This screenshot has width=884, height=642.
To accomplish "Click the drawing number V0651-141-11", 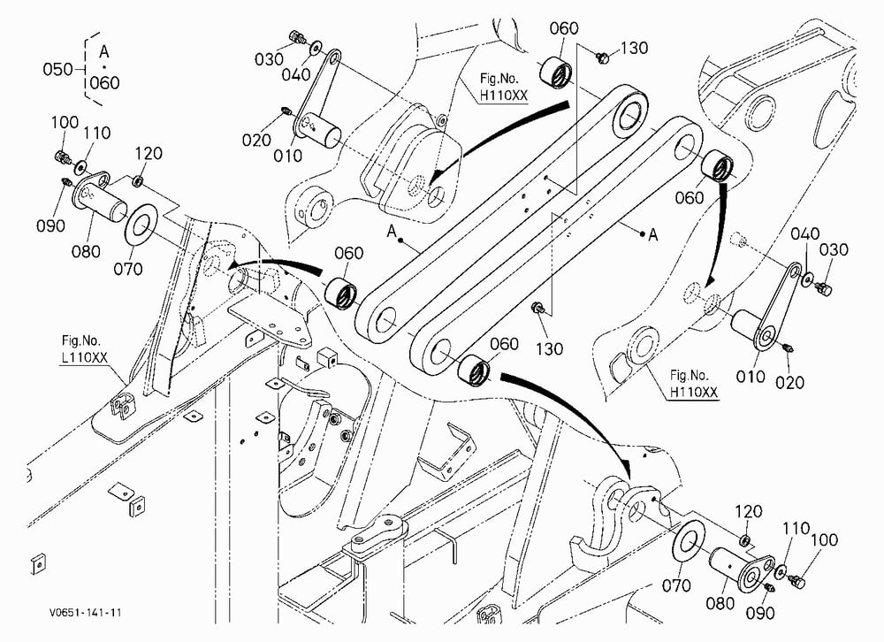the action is [85, 612].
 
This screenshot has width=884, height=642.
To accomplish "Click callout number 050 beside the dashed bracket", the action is [58, 69].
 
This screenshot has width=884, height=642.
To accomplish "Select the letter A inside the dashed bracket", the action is [103, 52].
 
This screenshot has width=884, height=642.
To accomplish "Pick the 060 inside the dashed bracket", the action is [105, 83].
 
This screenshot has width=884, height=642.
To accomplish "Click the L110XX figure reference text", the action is [85, 357].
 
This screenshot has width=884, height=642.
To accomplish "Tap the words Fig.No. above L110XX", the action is [81, 340].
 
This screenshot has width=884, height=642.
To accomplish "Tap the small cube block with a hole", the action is [326, 356].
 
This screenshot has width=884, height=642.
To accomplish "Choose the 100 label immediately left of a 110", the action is [65, 122].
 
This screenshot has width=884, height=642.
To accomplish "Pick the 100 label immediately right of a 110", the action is [824, 540].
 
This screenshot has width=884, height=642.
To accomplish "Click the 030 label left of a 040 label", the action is [269, 59].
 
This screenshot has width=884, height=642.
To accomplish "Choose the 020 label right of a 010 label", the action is [789, 383].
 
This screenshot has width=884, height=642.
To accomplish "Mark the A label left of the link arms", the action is [392, 231].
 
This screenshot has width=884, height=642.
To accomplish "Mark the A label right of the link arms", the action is [653, 234].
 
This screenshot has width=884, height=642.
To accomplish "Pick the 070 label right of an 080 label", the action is [128, 269].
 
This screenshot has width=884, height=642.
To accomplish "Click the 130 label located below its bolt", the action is [549, 349].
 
